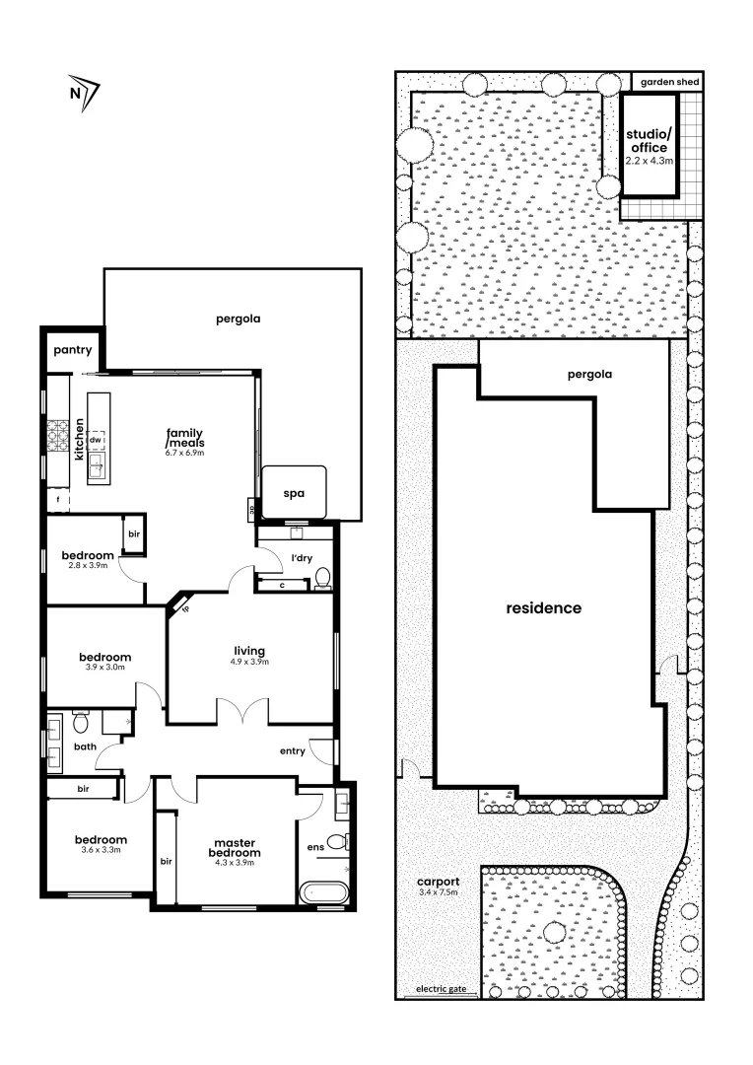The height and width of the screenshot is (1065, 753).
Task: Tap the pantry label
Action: (x=72, y=349)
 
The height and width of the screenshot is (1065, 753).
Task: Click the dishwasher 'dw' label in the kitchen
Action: (x=96, y=440)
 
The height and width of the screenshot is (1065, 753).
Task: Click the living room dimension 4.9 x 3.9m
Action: (x=249, y=662)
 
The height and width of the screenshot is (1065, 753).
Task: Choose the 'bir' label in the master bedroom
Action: (x=167, y=861)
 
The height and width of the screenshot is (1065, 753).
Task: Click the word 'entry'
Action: (x=292, y=751)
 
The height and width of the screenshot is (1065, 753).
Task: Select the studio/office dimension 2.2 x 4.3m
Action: (x=649, y=160)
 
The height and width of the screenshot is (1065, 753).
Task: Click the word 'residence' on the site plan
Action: (x=543, y=607)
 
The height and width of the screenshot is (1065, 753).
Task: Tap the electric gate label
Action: (x=440, y=989)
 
